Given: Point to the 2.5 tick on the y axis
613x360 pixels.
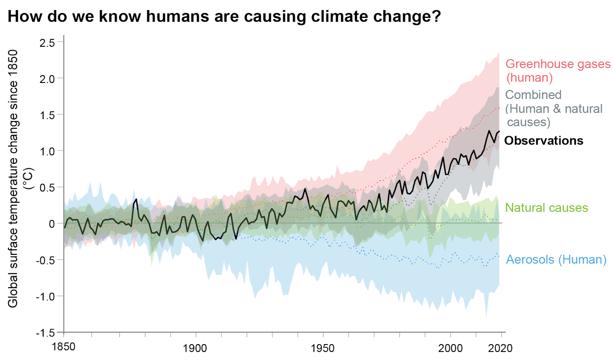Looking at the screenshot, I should pos(47,43).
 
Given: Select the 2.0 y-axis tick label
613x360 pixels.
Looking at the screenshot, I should pos(47,79).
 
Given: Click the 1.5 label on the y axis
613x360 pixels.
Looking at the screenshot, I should pos(47,115).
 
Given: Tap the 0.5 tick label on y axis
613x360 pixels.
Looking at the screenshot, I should pos(47,188).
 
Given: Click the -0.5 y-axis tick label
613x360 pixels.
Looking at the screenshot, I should pos(45,260).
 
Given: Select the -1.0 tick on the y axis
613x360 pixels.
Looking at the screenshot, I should pos(45,297).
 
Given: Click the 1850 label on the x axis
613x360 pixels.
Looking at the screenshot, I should pos(63,347).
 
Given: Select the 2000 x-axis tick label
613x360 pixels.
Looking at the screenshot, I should pos(450,348).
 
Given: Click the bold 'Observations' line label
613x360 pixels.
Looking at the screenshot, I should pos(543,141).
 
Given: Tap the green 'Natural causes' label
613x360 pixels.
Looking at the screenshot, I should pos(546,208).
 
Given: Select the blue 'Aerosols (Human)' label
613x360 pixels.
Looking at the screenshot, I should pos(556,260).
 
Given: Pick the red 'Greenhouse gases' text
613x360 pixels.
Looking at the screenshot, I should pos(558,64).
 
